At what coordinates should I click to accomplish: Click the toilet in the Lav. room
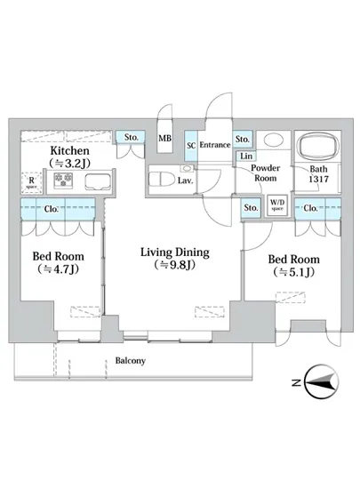(x=159, y=180)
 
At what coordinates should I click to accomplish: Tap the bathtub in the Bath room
(x=318, y=146)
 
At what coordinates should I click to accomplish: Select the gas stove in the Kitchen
(x=64, y=180)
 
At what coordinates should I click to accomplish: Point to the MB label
(x=164, y=138)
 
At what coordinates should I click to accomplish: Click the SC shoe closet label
(x=191, y=145)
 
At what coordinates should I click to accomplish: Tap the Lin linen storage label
(x=246, y=156)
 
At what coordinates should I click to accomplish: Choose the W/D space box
(x=277, y=205)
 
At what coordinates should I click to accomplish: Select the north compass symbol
(x=322, y=381)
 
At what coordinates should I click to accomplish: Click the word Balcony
(x=131, y=361)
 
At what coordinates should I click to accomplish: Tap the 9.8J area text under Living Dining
(x=174, y=265)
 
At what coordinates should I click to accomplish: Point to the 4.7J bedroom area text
(x=58, y=269)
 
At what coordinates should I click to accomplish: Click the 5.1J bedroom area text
(x=293, y=272)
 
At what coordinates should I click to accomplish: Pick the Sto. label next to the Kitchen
(x=132, y=137)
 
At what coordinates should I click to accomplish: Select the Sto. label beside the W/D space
(x=251, y=207)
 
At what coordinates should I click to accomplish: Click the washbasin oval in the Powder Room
(x=273, y=139)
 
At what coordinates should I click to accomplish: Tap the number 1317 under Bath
(x=318, y=180)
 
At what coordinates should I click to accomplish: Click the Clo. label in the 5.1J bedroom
(x=310, y=208)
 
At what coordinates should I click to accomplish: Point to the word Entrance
(x=215, y=145)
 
